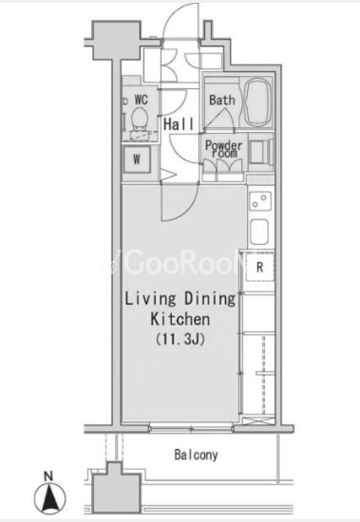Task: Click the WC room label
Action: coord(141,100)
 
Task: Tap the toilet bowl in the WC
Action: coord(140,119)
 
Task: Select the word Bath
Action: coord(222,100)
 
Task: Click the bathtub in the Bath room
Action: coord(257,103)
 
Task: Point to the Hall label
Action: coord(179,124)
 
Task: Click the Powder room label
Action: coord(223,149)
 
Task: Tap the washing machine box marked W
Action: coord(137,159)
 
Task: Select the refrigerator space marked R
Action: coord(260,267)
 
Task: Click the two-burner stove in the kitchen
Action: coord(260,201)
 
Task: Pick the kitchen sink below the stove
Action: coord(259,232)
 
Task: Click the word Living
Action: coord(150,299)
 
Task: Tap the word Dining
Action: coord(210,299)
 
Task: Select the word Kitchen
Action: coord(180,319)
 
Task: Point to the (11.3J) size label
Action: coord(180,339)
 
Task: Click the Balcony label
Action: coord(196,455)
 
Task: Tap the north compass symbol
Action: coord(50,498)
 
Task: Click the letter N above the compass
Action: coord(48,476)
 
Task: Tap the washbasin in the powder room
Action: coord(260,153)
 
